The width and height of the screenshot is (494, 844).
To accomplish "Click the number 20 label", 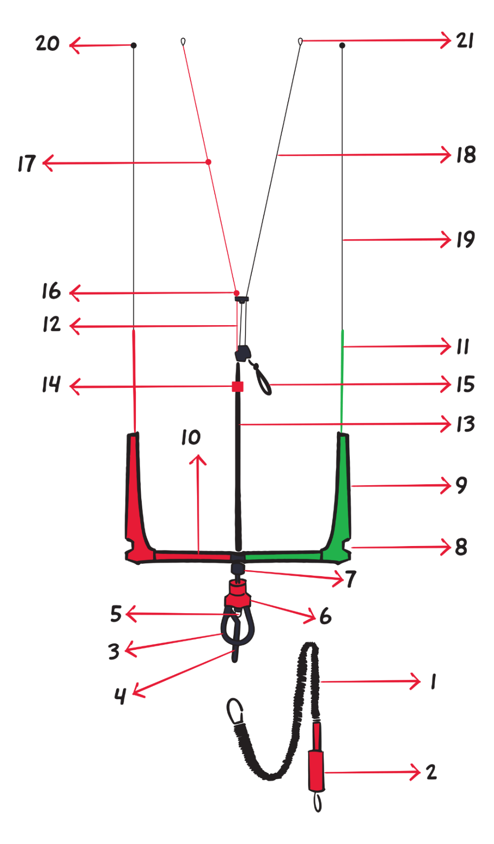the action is pos(47,43).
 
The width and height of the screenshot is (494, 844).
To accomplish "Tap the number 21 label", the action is pos(465,41).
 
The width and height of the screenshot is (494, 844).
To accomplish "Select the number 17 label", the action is pos(27,164).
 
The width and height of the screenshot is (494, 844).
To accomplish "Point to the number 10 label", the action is pos(191,437).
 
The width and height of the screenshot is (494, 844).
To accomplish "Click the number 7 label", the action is pos(350,579).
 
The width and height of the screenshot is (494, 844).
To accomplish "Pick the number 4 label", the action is pos(120,696).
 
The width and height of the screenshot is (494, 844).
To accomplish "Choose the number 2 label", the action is pos(431,772).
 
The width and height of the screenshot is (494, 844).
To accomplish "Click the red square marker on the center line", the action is pos(238,386).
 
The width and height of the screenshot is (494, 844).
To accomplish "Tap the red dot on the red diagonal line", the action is pos(208,162).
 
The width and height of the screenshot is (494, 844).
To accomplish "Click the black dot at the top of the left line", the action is pos(133,45).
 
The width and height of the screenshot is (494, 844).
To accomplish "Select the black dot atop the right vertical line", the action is pos(342,45).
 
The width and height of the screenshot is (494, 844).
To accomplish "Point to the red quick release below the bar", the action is pos(238,595).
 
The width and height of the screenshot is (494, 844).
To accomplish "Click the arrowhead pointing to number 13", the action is pos(446,424).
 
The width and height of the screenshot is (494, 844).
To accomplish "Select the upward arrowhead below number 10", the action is pos(198,460).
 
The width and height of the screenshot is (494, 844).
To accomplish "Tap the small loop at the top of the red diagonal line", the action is pos(183,42).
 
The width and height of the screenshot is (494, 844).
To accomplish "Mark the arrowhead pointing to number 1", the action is pos(415,681).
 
